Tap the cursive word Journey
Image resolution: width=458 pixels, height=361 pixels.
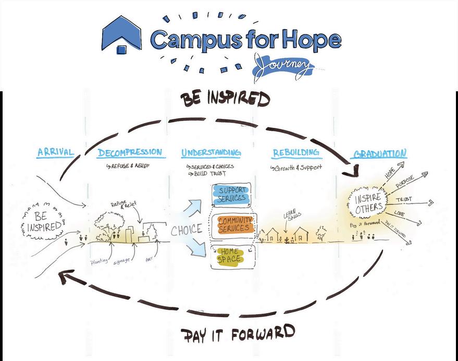pyautogui.click(x=284, y=66)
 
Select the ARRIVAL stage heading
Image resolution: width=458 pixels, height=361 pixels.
pyautogui.click(x=55, y=152)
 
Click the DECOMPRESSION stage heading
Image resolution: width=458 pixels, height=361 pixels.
pyautogui.click(x=131, y=152)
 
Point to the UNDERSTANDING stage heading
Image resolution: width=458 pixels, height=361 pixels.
pyautogui.click(x=211, y=153)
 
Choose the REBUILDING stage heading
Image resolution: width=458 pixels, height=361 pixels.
pyautogui.click(x=295, y=152)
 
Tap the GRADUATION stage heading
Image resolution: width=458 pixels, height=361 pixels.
pyautogui.click(x=379, y=153)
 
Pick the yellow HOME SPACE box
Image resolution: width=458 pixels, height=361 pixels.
pyautogui.click(x=230, y=255)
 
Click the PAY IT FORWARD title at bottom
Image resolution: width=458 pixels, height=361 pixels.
pyautogui.click(x=238, y=334)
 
